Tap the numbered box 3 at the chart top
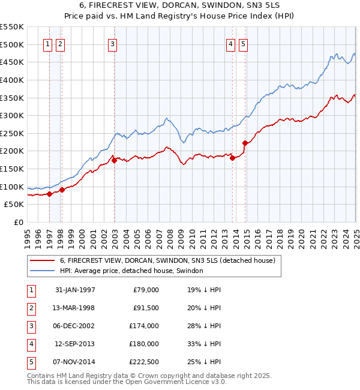point(113,43)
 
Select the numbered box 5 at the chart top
point(243,43)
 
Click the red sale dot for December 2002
point(113,160)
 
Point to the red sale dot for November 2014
point(245,143)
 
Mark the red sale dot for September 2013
point(232,158)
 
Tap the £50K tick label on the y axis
point(14,205)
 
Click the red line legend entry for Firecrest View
point(167,260)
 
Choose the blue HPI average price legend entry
point(131,271)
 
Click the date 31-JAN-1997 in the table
point(75,290)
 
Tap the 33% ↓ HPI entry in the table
point(204,344)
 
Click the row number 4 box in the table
point(31,344)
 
